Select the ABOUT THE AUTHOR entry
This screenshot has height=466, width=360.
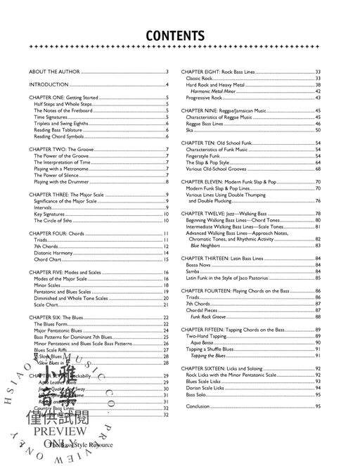(55, 72)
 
